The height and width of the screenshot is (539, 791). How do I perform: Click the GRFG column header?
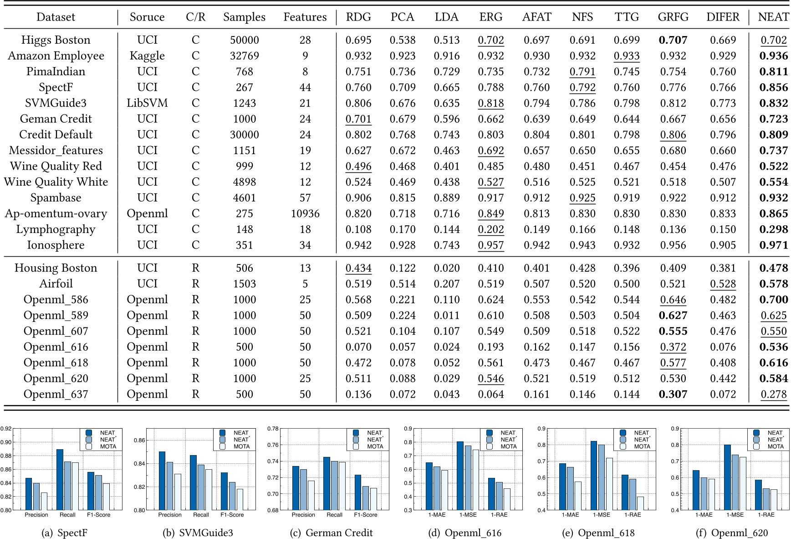[673, 17]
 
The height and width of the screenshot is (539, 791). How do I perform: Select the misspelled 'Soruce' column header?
[147, 17]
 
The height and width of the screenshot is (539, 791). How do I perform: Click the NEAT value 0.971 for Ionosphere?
[773, 245]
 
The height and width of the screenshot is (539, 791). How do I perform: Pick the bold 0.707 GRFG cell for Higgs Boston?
[673, 40]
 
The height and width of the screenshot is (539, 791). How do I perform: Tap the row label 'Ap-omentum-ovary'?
[56, 213]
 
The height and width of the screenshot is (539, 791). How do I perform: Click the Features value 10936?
[305, 213]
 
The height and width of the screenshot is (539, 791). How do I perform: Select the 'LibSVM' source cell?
[147, 103]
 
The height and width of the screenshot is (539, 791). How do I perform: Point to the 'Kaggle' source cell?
[147, 56]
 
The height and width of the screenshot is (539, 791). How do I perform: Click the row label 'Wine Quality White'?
[56, 182]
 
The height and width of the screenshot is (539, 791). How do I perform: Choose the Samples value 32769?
[245, 56]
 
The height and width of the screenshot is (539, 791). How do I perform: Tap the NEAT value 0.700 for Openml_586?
[773, 300]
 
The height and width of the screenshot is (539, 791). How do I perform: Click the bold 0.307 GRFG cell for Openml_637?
[673, 394]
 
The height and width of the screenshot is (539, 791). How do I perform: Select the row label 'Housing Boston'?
[56, 268]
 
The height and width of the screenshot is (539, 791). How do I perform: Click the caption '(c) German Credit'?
[331, 533]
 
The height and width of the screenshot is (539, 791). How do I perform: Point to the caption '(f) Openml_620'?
[732, 533]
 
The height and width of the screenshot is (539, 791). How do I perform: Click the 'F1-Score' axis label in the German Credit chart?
[365, 515]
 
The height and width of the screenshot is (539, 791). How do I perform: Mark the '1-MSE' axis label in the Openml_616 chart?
[468, 515]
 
